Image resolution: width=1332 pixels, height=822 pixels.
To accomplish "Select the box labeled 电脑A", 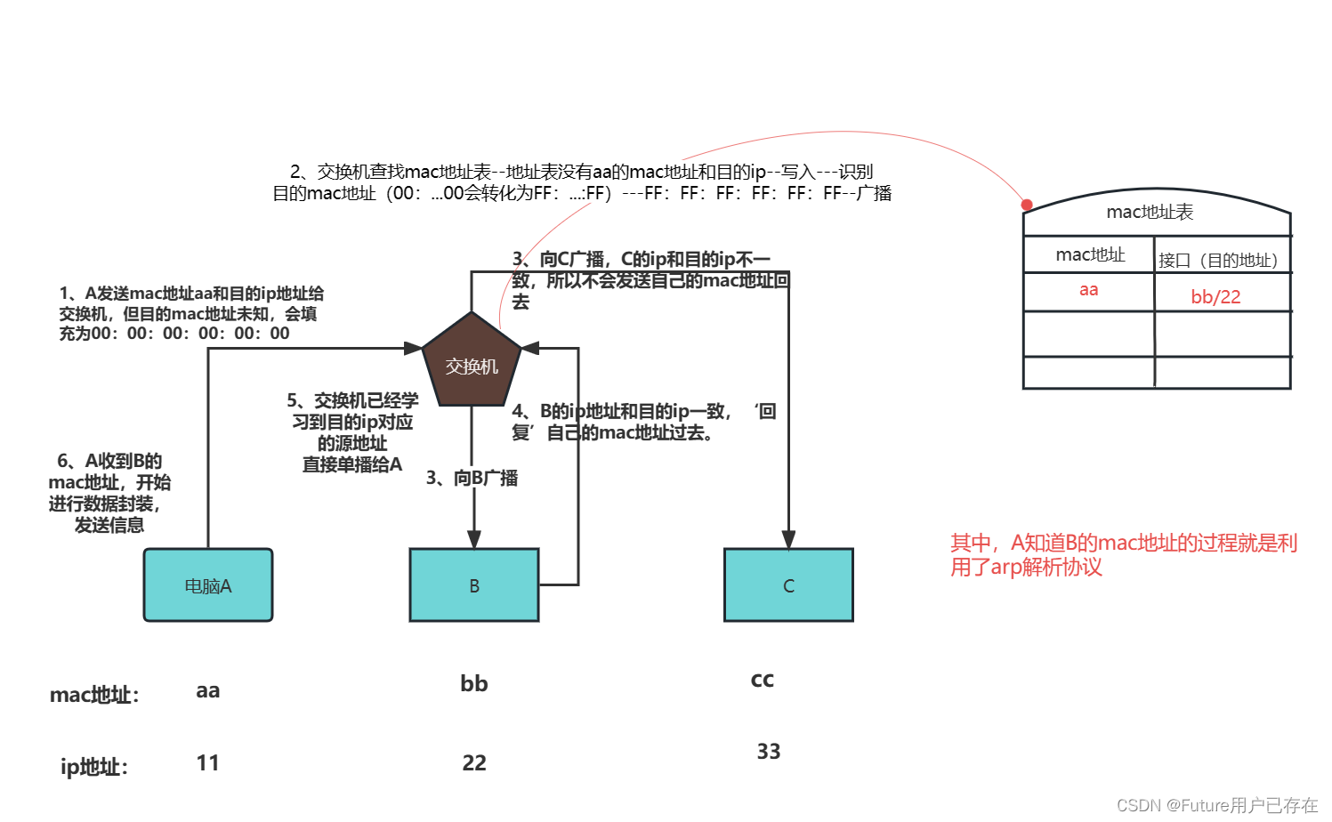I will pyautogui.click(x=208, y=585).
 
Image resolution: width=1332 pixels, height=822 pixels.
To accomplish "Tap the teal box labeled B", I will pyautogui.click(x=474, y=585).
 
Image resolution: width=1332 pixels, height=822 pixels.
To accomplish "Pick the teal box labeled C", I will pyautogui.click(x=788, y=585).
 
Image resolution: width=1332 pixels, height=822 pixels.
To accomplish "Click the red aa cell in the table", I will pyautogui.click(x=1088, y=290).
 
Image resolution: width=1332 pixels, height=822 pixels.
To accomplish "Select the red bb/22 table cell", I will pyautogui.click(x=1215, y=297).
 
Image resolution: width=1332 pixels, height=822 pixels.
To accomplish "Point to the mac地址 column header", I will pyautogui.click(x=1090, y=255).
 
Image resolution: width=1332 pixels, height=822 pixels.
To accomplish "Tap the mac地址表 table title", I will pyautogui.click(x=1150, y=212).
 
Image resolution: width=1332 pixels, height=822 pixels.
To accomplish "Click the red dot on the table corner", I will pyautogui.click(x=1027, y=205).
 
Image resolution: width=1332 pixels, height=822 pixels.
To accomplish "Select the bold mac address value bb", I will pyautogui.click(x=474, y=683).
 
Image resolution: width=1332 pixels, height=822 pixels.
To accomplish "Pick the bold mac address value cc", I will pyautogui.click(x=763, y=680).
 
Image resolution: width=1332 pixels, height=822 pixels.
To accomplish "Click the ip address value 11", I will pyautogui.click(x=208, y=762).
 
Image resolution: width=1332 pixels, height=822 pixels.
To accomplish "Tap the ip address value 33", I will pyautogui.click(x=769, y=752).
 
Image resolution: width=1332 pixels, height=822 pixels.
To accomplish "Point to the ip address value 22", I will pyautogui.click(x=474, y=762).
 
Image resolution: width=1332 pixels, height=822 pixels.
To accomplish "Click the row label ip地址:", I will pyautogui.click(x=94, y=766).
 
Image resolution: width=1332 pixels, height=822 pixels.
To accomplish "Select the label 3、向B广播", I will pyautogui.click(x=472, y=479).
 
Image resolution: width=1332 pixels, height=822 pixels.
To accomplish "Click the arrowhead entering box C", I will pyautogui.click(x=788, y=540).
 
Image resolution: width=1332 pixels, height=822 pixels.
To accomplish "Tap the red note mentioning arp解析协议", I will pyautogui.click(x=1123, y=555).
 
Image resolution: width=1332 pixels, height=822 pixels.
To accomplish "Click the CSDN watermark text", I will pyautogui.click(x=1216, y=805).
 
